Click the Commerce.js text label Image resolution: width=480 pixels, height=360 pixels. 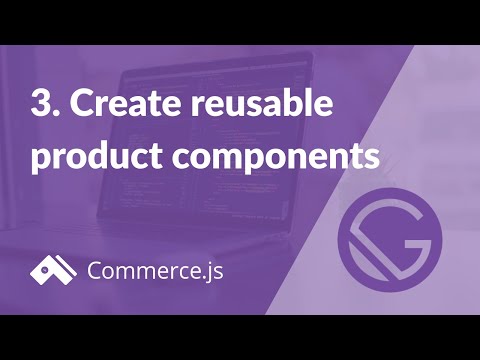tap(154, 270)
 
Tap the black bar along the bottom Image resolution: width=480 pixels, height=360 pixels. tap(240, 337)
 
